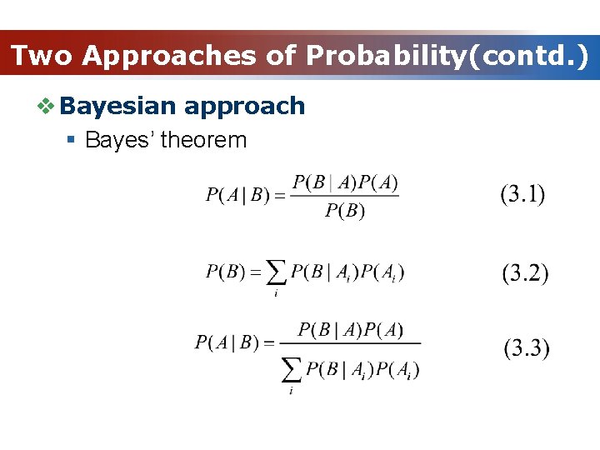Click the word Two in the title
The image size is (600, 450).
click(x=42, y=56)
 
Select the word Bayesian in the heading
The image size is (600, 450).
click(x=118, y=106)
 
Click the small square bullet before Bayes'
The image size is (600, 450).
click(x=73, y=140)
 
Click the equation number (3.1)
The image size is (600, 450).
click(x=522, y=195)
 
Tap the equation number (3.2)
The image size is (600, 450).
click(x=525, y=273)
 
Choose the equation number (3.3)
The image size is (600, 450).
click(x=526, y=348)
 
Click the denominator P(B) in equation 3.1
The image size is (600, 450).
click(x=345, y=210)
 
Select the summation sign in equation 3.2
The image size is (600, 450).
click(x=276, y=273)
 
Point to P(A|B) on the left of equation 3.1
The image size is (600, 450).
click(x=238, y=196)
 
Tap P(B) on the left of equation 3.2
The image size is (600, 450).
click(x=225, y=272)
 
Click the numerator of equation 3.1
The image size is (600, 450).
click(x=345, y=182)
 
